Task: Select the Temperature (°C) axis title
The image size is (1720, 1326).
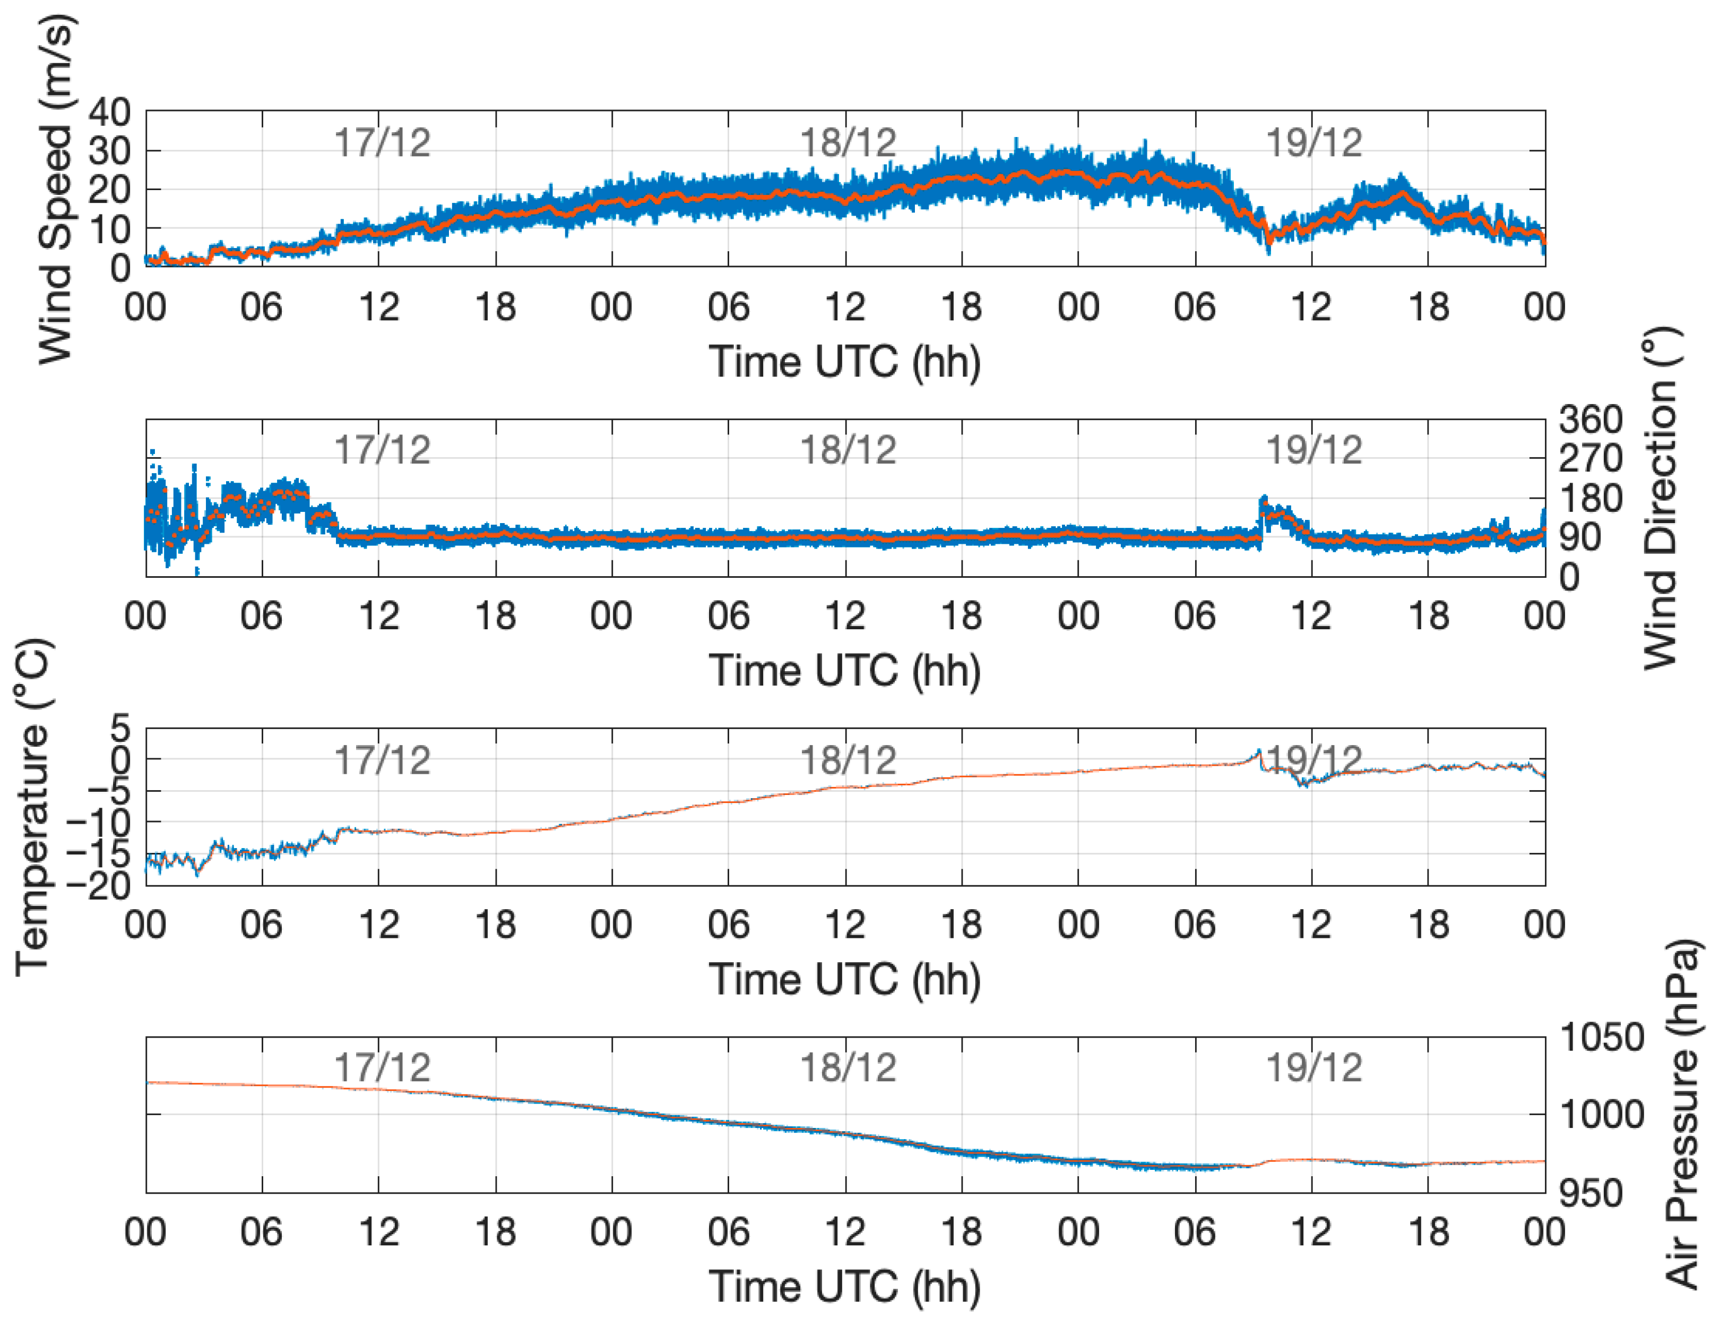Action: [x=33, y=808]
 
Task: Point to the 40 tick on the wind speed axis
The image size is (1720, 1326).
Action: [x=109, y=113]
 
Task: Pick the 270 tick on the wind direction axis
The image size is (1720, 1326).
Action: [x=1590, y=458]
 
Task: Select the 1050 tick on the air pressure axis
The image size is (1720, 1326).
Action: [x=1602, y=1038]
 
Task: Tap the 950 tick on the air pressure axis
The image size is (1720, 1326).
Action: [x=1590, y=1193]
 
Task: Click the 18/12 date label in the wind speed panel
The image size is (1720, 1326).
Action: [x=848, y=143]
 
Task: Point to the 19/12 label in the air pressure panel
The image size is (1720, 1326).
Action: [x=1313, y=1067]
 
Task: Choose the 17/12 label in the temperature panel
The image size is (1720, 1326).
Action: [x=382, y=760]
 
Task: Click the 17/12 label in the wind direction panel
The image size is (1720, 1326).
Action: [x=382, y=450]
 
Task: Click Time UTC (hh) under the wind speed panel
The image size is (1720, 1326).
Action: [x=844, y=362]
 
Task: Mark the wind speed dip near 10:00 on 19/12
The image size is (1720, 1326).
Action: [x=1268, y=246]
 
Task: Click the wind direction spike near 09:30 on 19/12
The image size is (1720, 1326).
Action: [x=1263, y=500]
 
